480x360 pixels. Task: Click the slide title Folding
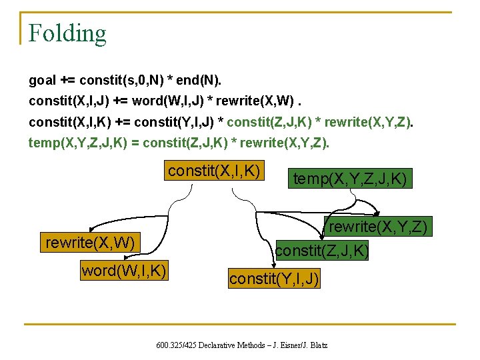click(x=67, y=33)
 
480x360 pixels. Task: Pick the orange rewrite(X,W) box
click(x=90, y=242)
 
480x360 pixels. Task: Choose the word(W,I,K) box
click(x=123, y=270)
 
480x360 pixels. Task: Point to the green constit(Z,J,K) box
click(x=321, y=251)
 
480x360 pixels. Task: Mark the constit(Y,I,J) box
click(x=274, y=279)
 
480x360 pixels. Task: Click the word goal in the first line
click(x=42, y=81)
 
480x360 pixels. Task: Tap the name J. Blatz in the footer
click(x=311, y=345)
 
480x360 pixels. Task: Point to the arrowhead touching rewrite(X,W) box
click(x=93, y=230)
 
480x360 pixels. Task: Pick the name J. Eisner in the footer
click(x=283, y=345)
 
